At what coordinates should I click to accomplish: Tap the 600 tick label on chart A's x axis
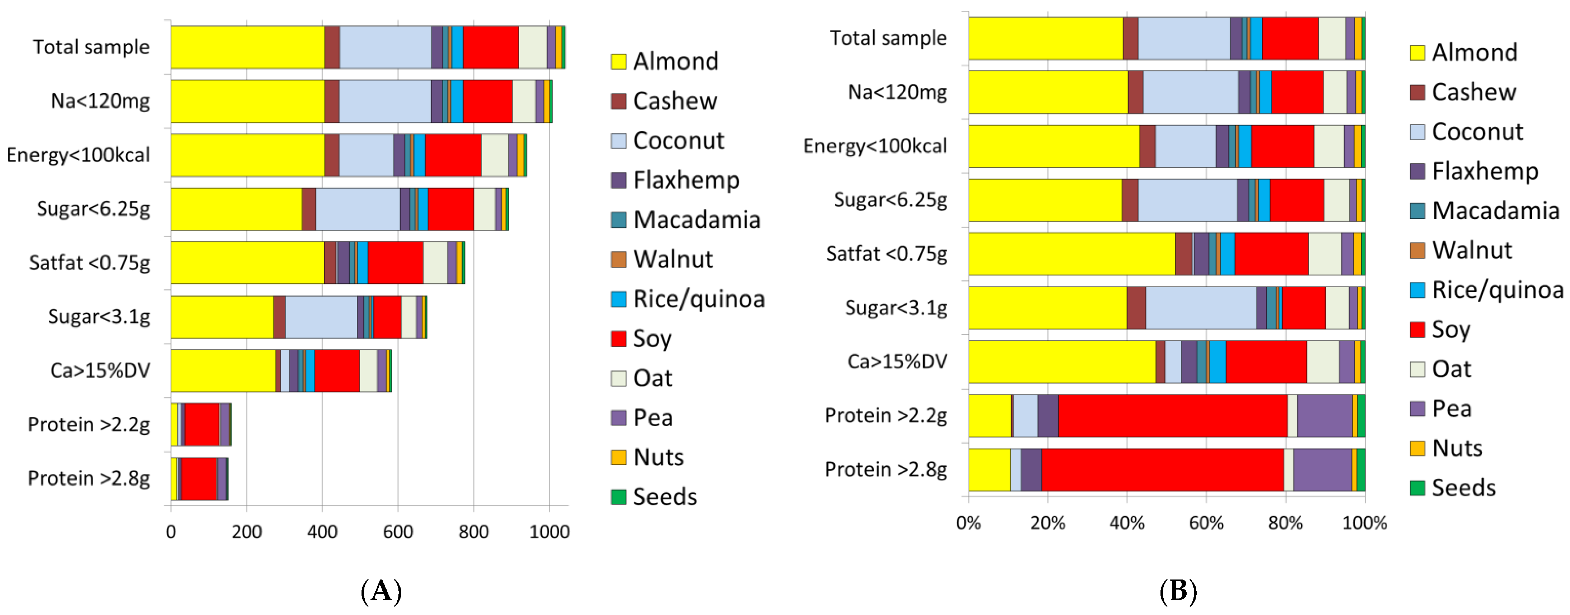tap(398, 531)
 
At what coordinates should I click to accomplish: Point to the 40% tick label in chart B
tap(1126, 523)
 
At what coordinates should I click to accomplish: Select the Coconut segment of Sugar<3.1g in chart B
tap(1201, 308)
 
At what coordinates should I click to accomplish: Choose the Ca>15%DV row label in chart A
tap(100, 370)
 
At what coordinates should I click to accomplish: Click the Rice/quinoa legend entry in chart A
tap(698, 299)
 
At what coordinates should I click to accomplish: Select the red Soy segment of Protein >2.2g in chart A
tap(202, 425)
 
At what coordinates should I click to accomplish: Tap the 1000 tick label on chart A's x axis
tap(549, 531)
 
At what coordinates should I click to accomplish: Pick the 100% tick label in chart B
tap(1365, 523)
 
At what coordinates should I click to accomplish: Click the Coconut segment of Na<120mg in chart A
tap(384, 101)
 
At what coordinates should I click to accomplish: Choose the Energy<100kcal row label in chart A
tap(78, 155)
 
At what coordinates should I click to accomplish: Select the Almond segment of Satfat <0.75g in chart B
tap(1072, 254)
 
